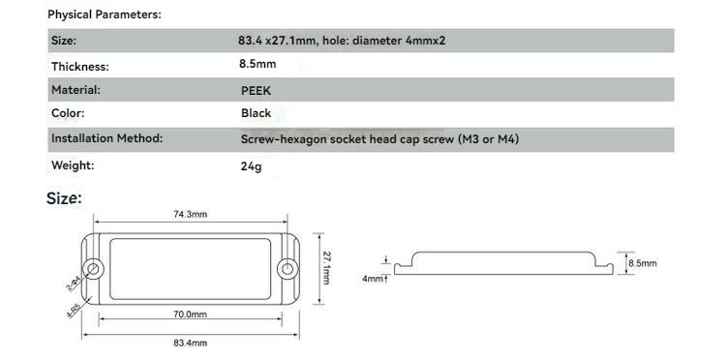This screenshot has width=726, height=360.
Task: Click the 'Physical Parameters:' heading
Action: (x=105, y=15)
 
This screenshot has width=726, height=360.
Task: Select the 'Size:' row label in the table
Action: (x=64, y=41)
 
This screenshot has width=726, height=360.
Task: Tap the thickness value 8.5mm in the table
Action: (x=257, y=64)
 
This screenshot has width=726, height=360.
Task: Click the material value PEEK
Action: (x=257, y=91)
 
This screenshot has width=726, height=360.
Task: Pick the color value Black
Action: (x=257, y=113)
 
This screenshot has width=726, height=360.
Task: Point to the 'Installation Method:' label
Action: (x=106, y=138)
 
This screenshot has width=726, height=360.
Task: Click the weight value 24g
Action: (x=251, y=166)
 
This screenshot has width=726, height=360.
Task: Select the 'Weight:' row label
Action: (x=73, y=165)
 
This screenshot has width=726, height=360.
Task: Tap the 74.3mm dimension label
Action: (x=191, y=214)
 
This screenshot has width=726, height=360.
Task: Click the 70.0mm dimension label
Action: (x=191, y=315)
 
